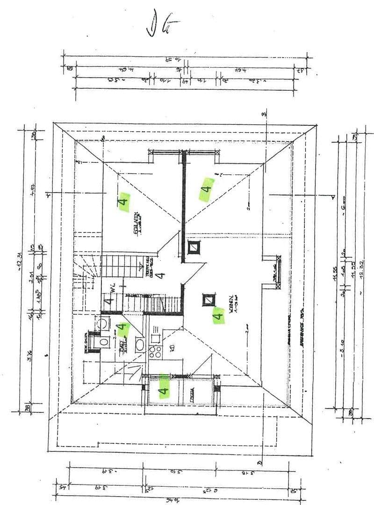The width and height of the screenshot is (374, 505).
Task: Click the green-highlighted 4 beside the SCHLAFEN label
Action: coord(123,202)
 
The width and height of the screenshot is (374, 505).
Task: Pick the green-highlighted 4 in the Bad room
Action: coord(122,329)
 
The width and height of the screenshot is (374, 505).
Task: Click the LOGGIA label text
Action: coord(192,396)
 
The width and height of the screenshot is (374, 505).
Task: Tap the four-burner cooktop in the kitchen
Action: coord(155,352)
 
